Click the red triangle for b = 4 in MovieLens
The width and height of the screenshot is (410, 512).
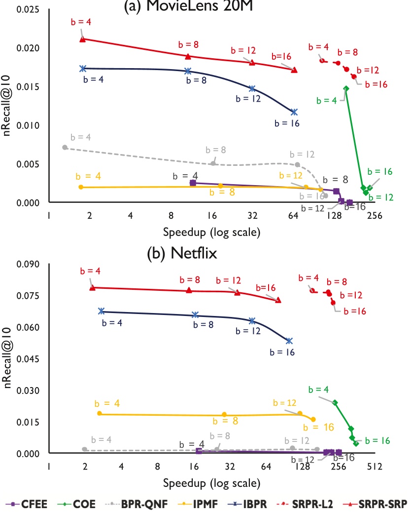tap(83, 39)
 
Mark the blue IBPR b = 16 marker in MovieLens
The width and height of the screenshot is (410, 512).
tap(294, 112)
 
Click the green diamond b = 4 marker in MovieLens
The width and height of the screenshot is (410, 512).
tap(346, 88)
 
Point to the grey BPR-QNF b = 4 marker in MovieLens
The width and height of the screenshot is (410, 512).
tap(65, 147)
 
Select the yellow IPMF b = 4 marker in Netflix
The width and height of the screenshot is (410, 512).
tap(100, 413)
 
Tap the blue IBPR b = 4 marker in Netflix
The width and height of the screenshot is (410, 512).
tap(101, 311)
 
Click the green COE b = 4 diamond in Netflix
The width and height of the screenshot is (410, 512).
tap(335, 402)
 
